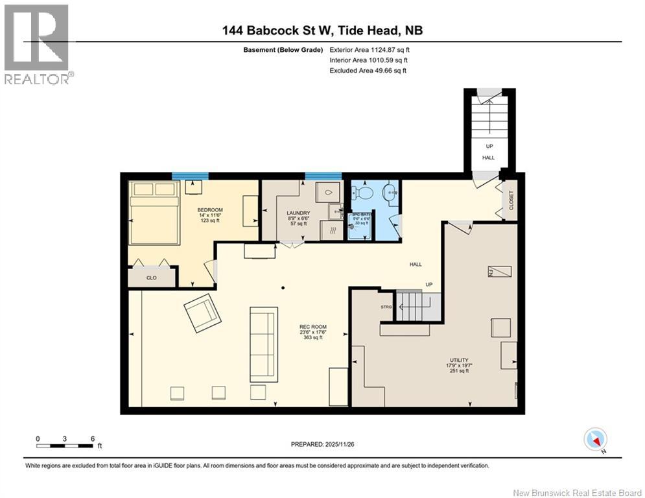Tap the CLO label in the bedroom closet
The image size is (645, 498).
[x=151, y=278]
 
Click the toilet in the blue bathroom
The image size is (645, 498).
[x=363, y=193]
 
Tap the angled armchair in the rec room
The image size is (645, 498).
[x=203, y=313]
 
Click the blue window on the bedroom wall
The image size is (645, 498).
[x=190, y=175]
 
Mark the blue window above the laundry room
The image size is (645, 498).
[x=323, y=175]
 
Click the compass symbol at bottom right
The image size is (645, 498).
[x=594, y=440]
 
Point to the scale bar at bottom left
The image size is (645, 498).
[x=65, y=445]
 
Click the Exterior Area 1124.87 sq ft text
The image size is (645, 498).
[x=369, y=49]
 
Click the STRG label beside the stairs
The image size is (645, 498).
[x=387, y=306]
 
